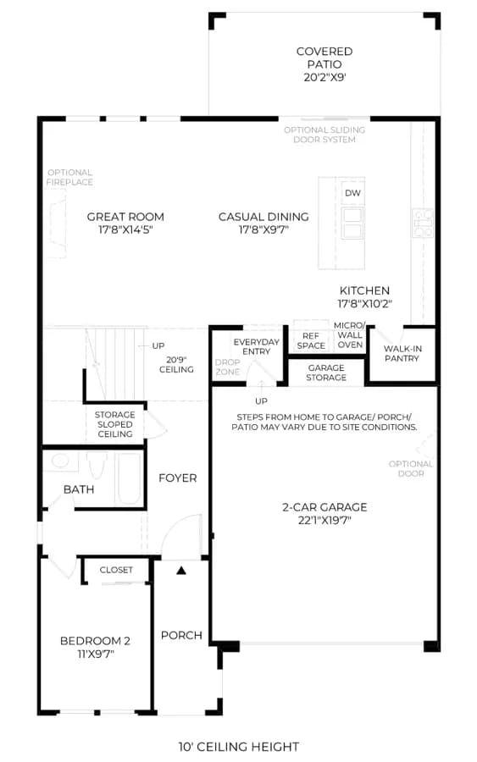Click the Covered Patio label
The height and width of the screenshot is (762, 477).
point(324,58)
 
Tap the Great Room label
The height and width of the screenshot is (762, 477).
point(125,217)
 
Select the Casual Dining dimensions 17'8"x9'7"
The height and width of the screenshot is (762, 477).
point(263,229)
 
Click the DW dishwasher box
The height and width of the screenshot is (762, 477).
point(352,193)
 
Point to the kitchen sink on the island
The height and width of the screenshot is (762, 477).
point(352,223)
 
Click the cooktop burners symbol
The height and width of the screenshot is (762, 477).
point(423,223)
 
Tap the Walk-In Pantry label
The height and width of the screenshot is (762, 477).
point(402,353)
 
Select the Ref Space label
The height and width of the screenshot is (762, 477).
point(311,340)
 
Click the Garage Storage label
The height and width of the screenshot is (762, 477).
point(326,373)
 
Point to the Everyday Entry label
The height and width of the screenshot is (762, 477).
point(256,346)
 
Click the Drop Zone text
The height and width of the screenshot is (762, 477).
point(228,367)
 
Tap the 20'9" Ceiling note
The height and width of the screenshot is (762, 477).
point(176,364)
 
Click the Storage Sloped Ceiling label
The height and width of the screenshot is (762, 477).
point(114,424)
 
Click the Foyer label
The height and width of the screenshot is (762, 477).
point(178,478)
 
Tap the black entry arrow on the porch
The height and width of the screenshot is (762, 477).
point(181,571)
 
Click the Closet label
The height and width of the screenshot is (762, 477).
point(116,570)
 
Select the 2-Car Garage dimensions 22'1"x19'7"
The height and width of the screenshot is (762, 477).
point(324,521)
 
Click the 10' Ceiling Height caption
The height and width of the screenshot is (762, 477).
point(239,747)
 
